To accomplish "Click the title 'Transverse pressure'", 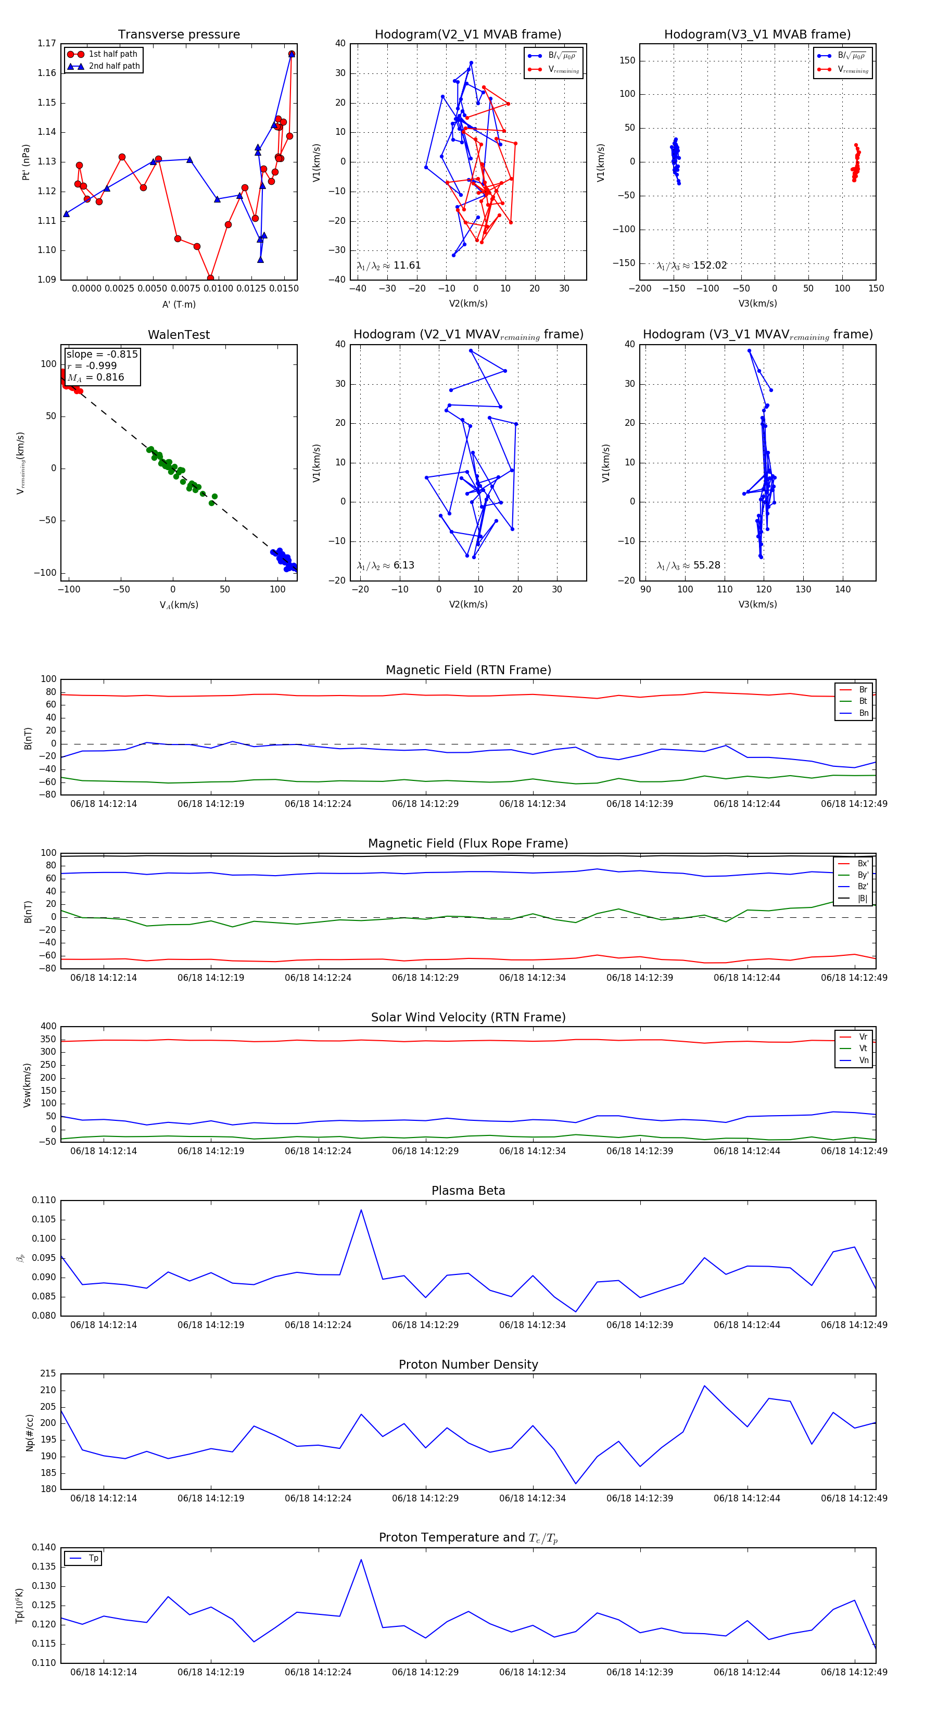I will coord(179,35).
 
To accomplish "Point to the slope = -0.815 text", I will coord(102,354).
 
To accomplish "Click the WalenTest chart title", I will coord(179,335).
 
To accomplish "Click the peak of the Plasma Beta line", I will coord(361,1210).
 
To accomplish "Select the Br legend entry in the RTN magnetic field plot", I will coord(863,690).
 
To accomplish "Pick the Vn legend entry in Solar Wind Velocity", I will coord(863,1060).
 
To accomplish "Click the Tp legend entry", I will coord(93,1558).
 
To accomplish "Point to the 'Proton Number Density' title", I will coord(468,1365).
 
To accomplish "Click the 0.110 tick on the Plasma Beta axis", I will coord(44,1201).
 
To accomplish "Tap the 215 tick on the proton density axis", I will coord(48,1374).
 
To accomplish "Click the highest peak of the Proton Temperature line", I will coord(361,1559).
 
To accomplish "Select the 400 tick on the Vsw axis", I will coord(48,1027).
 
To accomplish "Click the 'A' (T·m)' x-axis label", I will coord(179,304).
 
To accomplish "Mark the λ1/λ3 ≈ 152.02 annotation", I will coord(692,266).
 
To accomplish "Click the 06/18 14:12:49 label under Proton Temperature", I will coord(854,1672).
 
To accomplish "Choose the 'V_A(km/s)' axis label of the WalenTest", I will coord(179,605).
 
